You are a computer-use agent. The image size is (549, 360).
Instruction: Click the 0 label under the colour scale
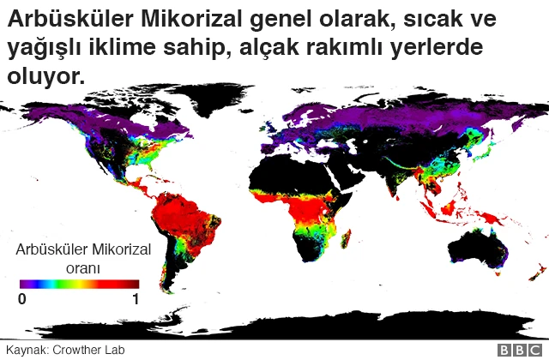22,299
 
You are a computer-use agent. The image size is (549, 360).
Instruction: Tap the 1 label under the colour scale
136,299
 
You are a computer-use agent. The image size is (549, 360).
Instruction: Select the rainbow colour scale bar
79,284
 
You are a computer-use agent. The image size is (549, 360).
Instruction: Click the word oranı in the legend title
83,267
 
